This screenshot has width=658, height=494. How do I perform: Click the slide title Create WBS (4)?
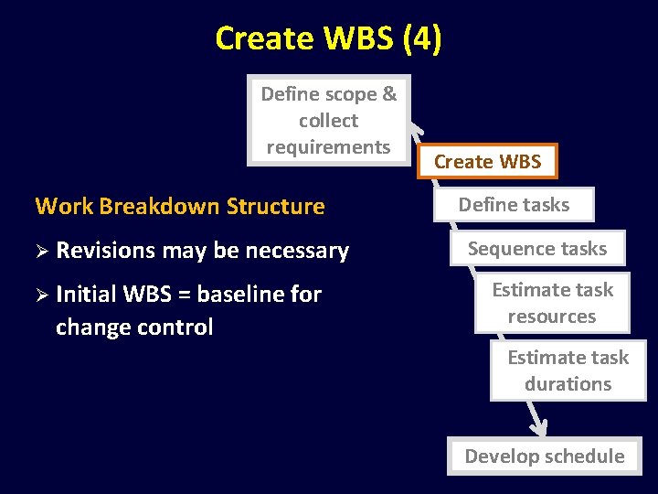(328, 38)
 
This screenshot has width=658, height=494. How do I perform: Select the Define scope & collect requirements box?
(328, 120)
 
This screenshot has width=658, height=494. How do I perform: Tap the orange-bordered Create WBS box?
(487, 162)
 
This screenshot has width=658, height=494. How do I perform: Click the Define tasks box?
(514, 205)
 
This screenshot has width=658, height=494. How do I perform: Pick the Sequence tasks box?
(536, 248)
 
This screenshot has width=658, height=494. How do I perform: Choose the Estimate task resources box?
(552, 303)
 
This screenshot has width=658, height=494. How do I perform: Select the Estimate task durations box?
(568, 370)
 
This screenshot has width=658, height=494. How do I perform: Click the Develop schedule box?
(544, 456)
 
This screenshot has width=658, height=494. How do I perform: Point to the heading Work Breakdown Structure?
(179, 206)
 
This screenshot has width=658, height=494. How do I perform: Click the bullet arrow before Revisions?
(41, 251)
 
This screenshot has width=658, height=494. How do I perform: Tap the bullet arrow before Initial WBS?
(41, 295)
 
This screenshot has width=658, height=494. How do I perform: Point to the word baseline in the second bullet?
(241, 295)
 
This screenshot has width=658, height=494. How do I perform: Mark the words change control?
(133, 328)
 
